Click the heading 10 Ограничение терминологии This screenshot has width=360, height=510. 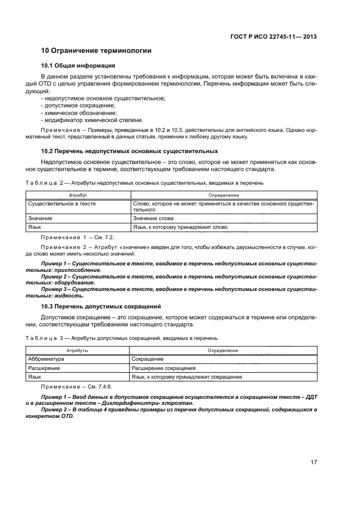(96, 51)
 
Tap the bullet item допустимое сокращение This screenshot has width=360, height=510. (73, 105)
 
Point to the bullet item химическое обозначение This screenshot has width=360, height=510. (75, 112)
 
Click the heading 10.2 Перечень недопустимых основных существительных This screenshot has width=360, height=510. (130, 151)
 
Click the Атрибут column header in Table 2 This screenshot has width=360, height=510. (78, 195)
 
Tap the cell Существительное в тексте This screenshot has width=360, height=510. (61, 203)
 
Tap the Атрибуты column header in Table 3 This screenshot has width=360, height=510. (78, 350)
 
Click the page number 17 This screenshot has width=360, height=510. (314, 463)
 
